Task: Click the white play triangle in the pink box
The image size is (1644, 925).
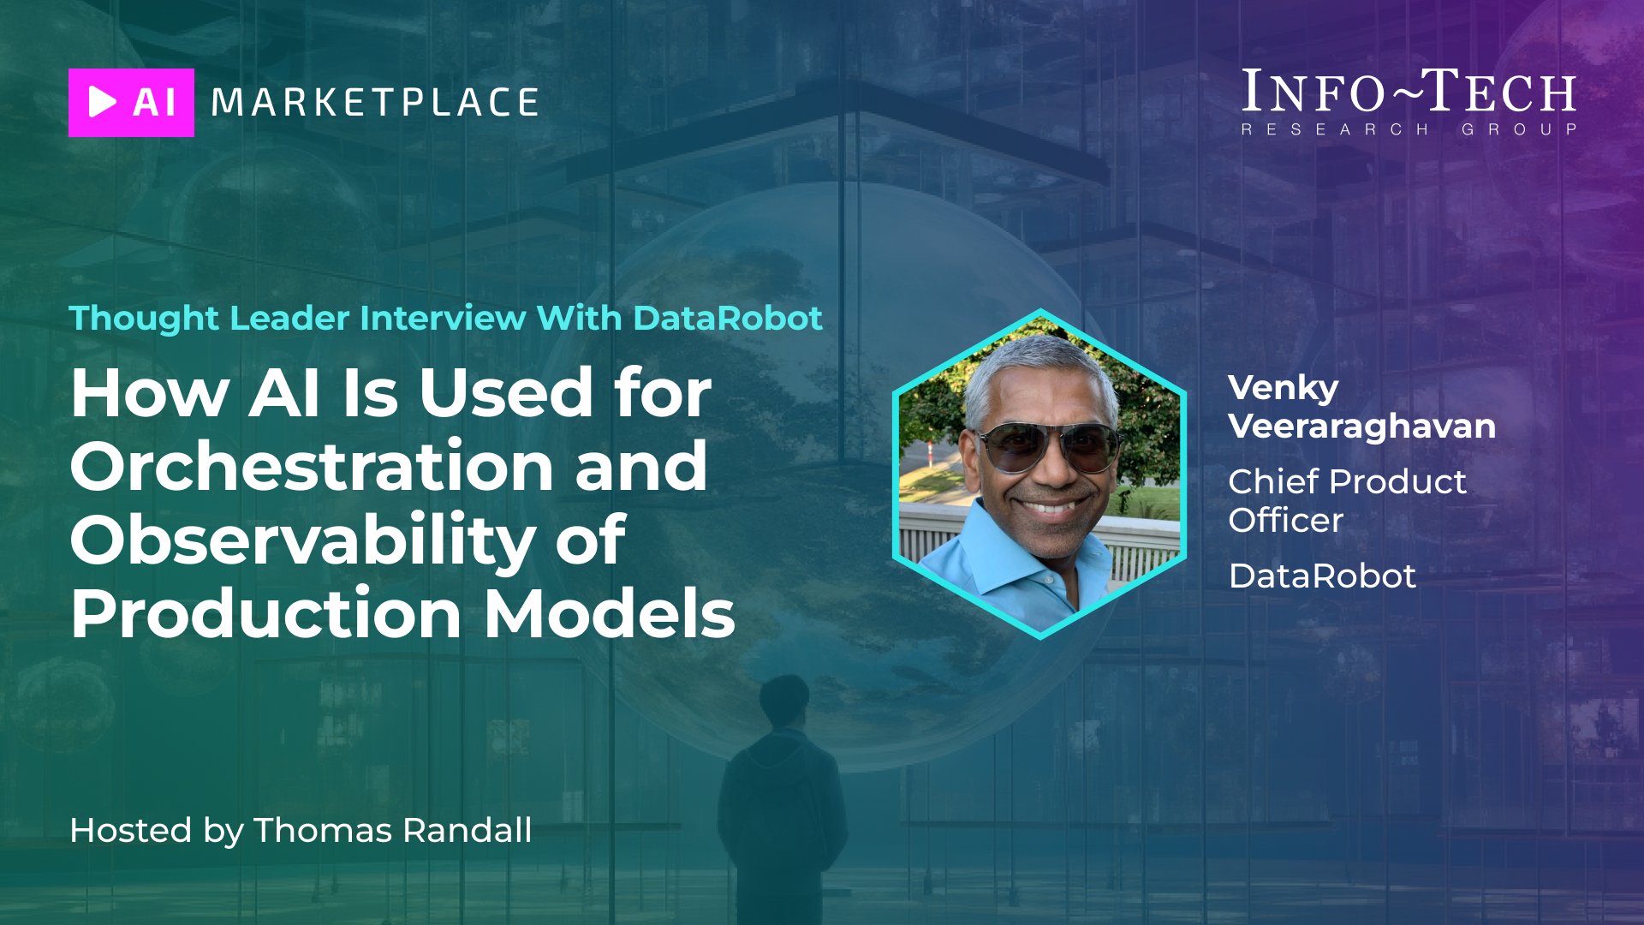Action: [x=102, y=102]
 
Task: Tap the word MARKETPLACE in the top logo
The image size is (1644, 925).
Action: [x=375, y=103]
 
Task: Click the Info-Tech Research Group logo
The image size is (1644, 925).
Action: [x=1409, y=102]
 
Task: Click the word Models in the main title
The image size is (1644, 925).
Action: [x=610, y=613]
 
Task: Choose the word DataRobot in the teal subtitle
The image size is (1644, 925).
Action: [x=728, y=318]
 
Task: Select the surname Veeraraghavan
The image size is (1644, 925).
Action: [x=1361, y=427]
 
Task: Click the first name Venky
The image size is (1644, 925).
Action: [x=1283, y=389]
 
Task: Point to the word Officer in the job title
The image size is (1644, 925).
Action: [x=1285, y=520]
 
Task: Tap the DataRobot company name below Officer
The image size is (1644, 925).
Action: [x=1322, y=576]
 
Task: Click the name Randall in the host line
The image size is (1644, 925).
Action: [x=467, y=830]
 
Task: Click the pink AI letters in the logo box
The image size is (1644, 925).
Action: [x=154, y=103]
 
